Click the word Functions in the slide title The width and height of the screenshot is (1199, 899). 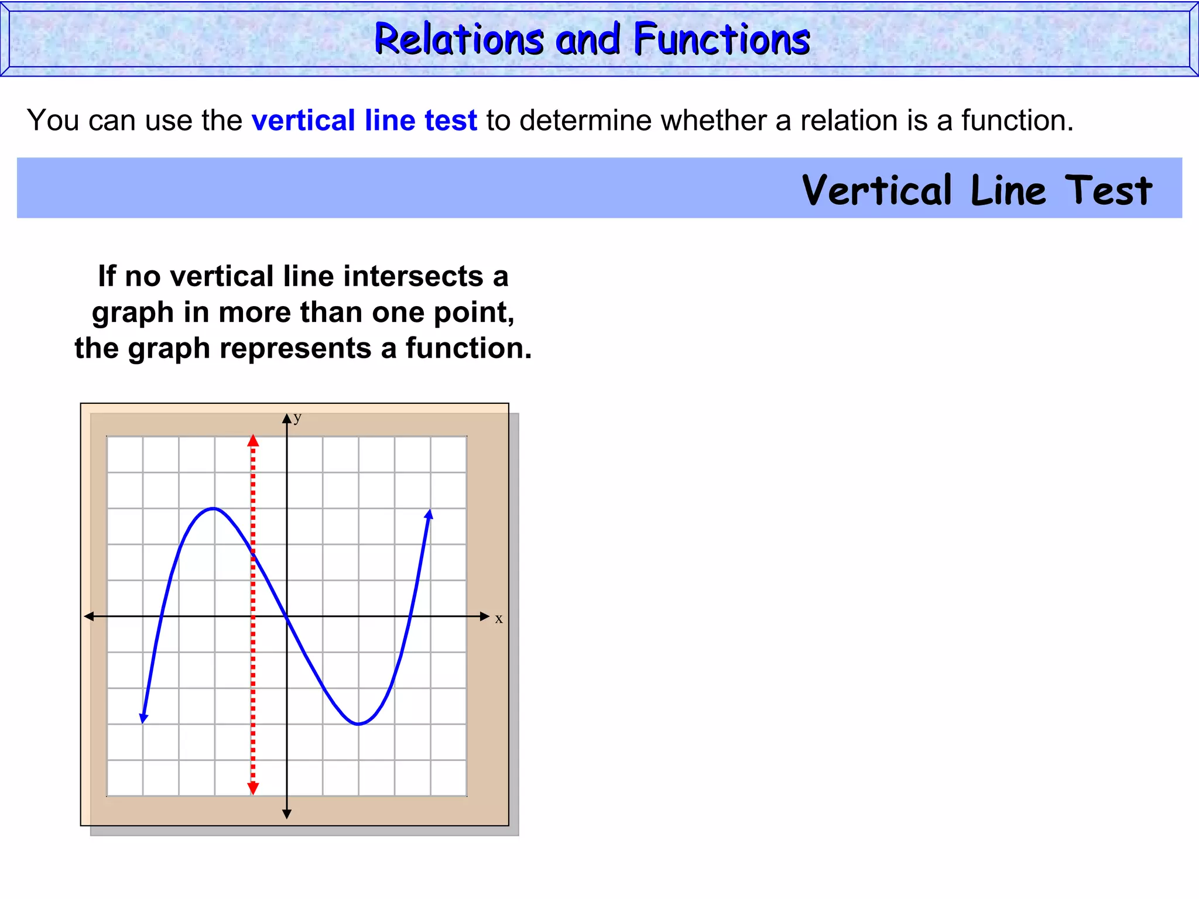[721, 39]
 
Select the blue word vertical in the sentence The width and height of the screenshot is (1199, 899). [303, 121]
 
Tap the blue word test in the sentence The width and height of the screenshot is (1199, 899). [451, 121]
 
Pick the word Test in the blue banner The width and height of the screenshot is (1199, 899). [1108, 190]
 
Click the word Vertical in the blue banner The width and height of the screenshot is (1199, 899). [877, 190]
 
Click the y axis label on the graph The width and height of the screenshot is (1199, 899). [297, 417]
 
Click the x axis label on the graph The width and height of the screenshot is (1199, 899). [499, 619]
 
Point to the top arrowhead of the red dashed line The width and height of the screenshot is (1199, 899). [253, 441]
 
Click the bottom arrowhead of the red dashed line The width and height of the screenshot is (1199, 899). [253, 788]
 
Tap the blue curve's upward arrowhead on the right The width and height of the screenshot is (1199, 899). [429, 515]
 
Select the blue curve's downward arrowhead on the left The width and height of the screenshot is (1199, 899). [143, 718]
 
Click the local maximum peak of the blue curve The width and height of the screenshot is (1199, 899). [214, 508]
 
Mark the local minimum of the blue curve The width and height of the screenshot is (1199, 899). [358, 724]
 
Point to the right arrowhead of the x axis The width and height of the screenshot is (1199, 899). [484, 616]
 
